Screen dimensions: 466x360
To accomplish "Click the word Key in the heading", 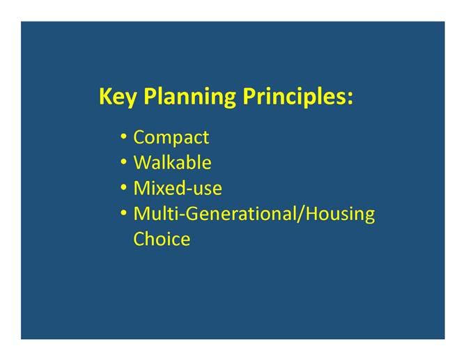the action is tap(118, 97).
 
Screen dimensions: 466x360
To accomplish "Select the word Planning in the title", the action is tap(190, 97).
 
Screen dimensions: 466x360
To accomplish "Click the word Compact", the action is tap(171, 138).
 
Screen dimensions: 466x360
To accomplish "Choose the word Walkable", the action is tap(172, 162).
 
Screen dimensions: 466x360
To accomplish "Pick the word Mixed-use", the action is tap(178, 188).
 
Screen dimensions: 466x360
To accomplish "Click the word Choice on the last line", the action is tap(162, 239).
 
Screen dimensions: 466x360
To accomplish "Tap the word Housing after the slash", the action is tap(341, 214).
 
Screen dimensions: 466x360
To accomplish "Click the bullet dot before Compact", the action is tap(123, 136).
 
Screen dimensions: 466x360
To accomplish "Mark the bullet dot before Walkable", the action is tap(123, 162).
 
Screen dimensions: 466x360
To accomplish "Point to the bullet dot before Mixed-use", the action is tap(123, 188).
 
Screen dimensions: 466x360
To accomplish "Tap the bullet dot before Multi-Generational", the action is tap(123, 213).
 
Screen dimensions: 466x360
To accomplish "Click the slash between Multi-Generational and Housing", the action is tap(301, 214).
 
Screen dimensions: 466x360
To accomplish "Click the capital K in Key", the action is tap(106, 96).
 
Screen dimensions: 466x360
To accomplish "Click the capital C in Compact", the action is tap(139, 137).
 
